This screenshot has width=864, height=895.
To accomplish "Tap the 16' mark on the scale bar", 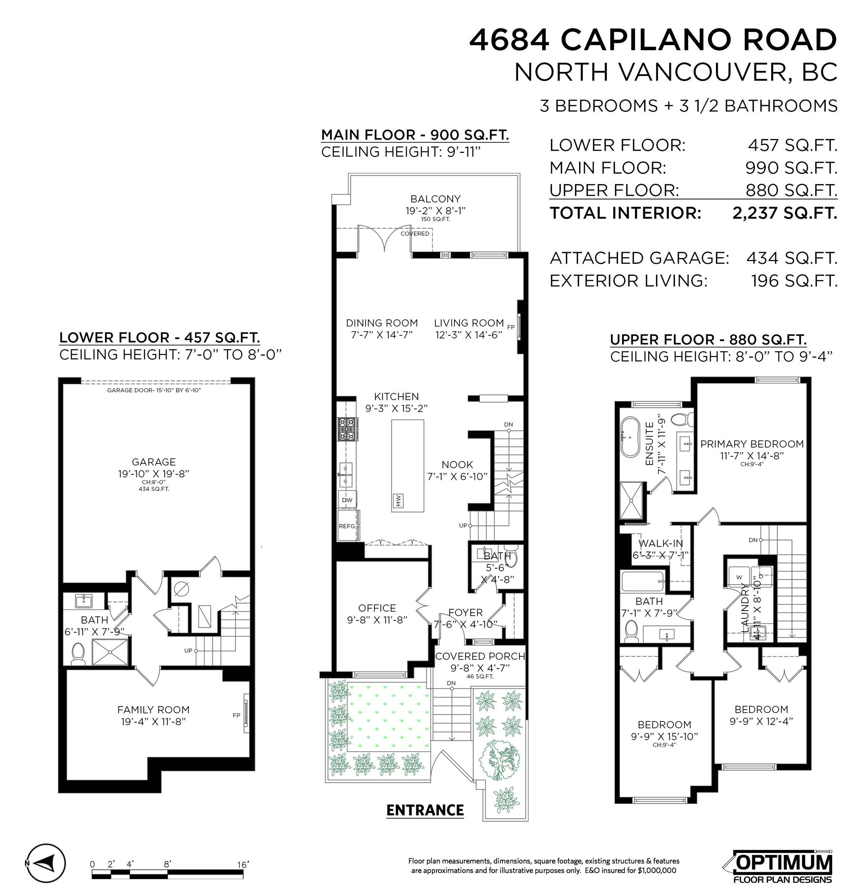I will click(x=243, y=864).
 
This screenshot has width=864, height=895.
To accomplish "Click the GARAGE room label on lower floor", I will click(x=153, y=462).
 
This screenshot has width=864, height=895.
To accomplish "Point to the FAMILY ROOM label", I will click(x=153, y=710).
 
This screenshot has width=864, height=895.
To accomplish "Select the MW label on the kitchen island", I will click(x=398, y=501).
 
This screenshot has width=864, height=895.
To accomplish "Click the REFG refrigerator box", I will click(x=347, y=526).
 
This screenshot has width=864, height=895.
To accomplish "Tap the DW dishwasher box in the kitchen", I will click(x=347, y=500).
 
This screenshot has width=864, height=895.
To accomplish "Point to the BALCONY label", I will click(x=435, y=199).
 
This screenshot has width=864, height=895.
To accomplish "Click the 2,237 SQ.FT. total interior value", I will click(x=784, y=213).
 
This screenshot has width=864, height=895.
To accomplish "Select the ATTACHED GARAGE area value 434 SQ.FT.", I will click(x=792, y=258).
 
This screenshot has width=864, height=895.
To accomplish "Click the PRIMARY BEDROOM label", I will click(x=752, y=444).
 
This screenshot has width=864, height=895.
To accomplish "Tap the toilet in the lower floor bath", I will click(x=78, y=654).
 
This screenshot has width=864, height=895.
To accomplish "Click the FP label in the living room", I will click(x=511, y=327).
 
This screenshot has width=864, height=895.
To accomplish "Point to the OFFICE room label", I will click(x=377, y=608).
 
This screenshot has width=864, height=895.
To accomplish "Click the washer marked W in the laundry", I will click(x=739, y=577).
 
